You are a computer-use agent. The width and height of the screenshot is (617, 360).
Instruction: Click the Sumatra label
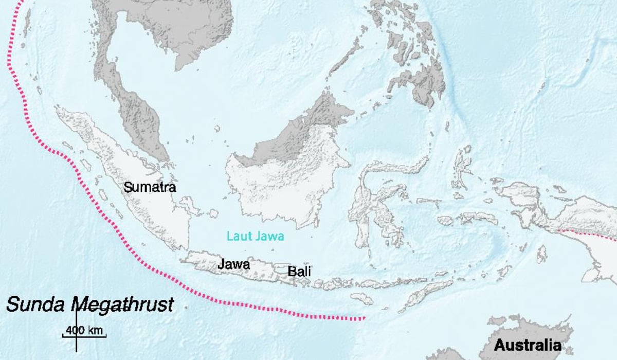tap(150, 187)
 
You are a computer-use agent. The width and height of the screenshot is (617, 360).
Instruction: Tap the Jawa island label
tap(234, 265)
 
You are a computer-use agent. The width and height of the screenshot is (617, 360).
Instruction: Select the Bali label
tap(299, 272)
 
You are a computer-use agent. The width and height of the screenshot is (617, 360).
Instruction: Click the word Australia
tap(528, 345)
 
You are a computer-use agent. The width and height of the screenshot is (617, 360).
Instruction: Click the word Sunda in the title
tap(36, 304)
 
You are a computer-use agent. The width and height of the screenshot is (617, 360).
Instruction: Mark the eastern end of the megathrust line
tap(363, 318)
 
